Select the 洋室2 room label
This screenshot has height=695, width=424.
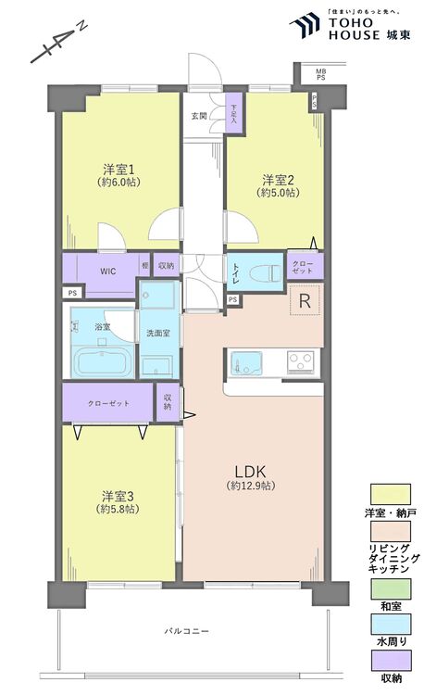point(277,180)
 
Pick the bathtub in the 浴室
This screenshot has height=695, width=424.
point(101,361)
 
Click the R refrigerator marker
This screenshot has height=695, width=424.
point(304,301)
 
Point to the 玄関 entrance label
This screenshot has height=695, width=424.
point(199,116)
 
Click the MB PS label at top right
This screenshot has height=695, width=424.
point(320,74)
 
